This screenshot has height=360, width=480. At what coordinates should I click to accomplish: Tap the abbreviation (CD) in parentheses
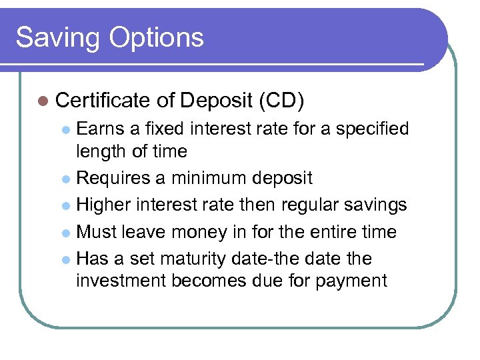pos(280,101)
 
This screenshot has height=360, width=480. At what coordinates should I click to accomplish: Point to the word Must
pos(98,232)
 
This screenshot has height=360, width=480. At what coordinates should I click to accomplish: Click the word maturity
pos(185,259)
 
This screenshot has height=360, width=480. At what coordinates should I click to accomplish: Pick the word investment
pos(121,281)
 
